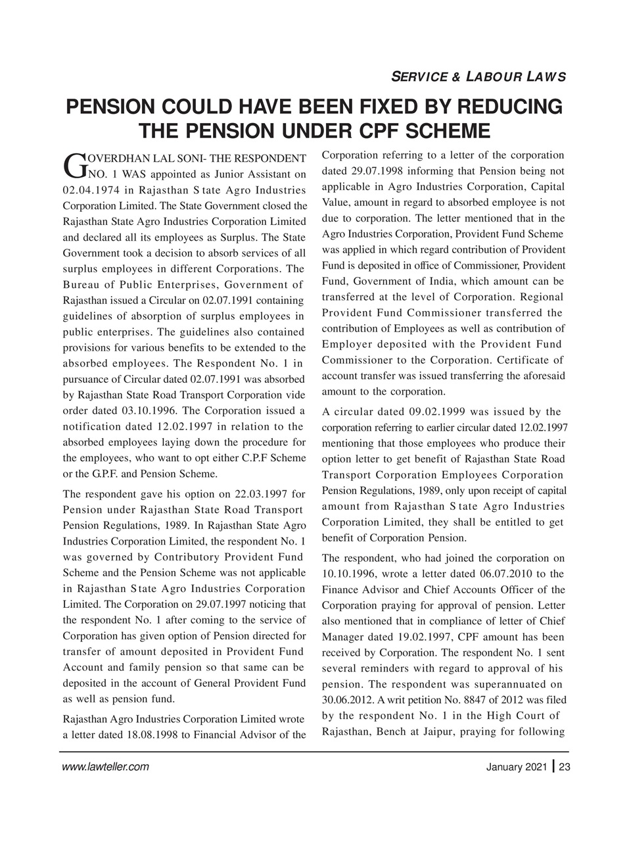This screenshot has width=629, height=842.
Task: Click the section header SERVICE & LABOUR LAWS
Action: [x=478, y=77]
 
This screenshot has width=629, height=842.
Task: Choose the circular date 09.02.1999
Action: [x=420, y=412]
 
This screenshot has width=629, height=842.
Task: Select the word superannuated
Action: [x=503, y=684]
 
